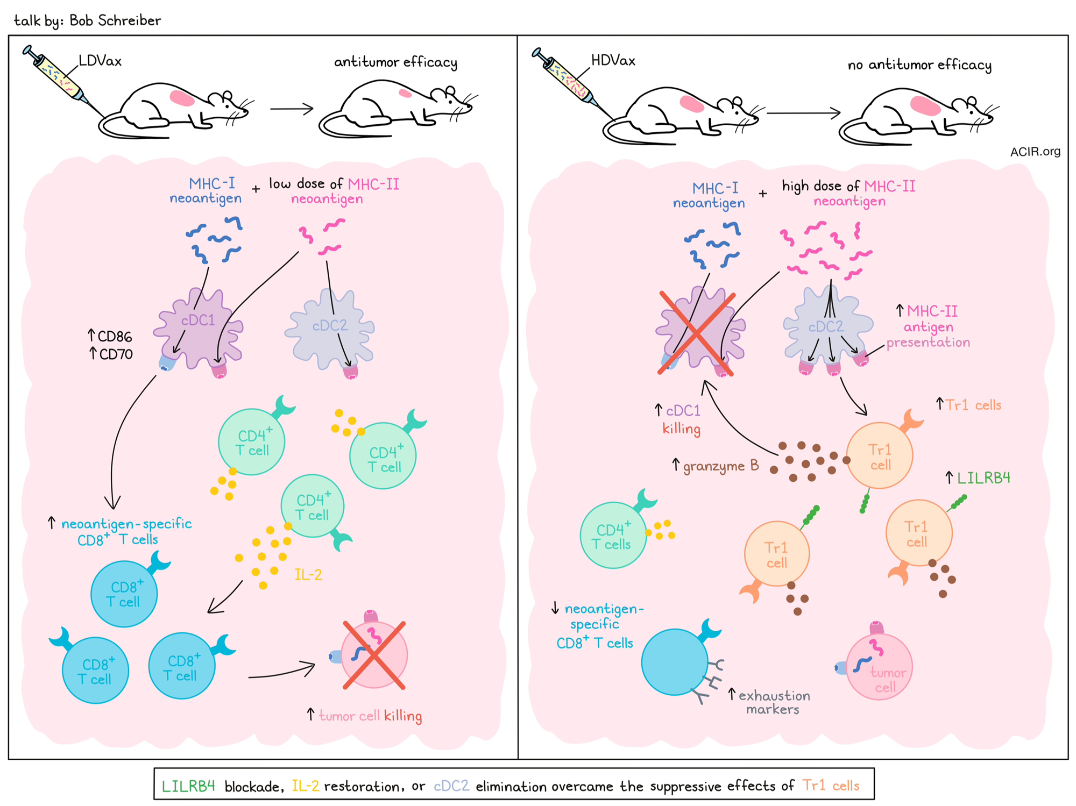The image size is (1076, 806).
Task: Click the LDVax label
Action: (100, 61)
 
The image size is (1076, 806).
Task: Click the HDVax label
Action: (613, 60)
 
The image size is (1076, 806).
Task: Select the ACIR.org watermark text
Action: (1035, 152)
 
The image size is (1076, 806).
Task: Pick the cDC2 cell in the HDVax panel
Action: (827, 325)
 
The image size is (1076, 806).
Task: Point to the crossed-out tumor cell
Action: (374, 655)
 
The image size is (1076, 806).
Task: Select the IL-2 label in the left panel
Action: (308, 575)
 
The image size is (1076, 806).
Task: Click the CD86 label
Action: (110, 337)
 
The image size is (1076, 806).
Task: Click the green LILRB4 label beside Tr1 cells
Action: (983, 477)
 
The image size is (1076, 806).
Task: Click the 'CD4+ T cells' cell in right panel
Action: (613, 535)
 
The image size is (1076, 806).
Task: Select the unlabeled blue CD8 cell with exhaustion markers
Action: (675, 662)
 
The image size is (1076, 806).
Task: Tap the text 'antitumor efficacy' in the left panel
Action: (395, 62)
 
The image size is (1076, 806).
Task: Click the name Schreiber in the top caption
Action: (130, 20)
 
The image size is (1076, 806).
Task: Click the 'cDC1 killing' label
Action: (681, 419)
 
